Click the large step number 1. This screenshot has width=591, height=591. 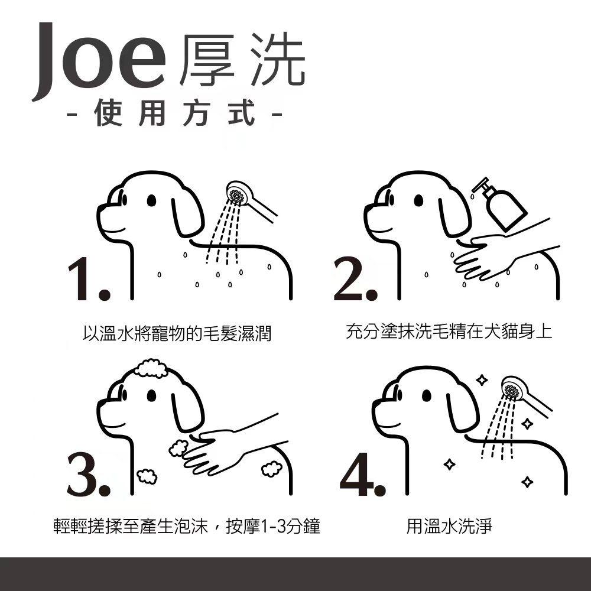(88, 281)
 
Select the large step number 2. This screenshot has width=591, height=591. (354, 281)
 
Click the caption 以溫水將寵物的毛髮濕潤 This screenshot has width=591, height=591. (177, 333)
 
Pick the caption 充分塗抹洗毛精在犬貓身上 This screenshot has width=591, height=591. (449, 331)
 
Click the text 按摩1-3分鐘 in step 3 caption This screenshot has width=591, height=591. (277, 525)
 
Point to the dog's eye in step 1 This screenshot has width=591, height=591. (151, 201)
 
